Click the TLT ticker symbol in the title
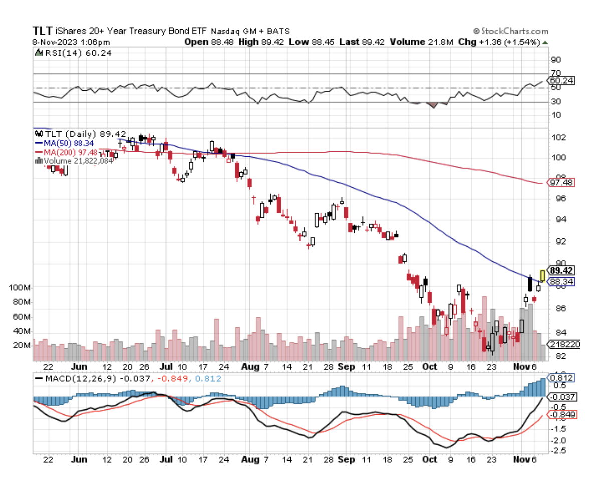tap(42, 31)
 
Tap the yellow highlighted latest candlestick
tap(542, 275)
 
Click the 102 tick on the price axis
tap(556, 137)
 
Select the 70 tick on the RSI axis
tap(555, 73)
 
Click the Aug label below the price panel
tap(250, 367)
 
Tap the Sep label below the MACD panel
tap(346, 459)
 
